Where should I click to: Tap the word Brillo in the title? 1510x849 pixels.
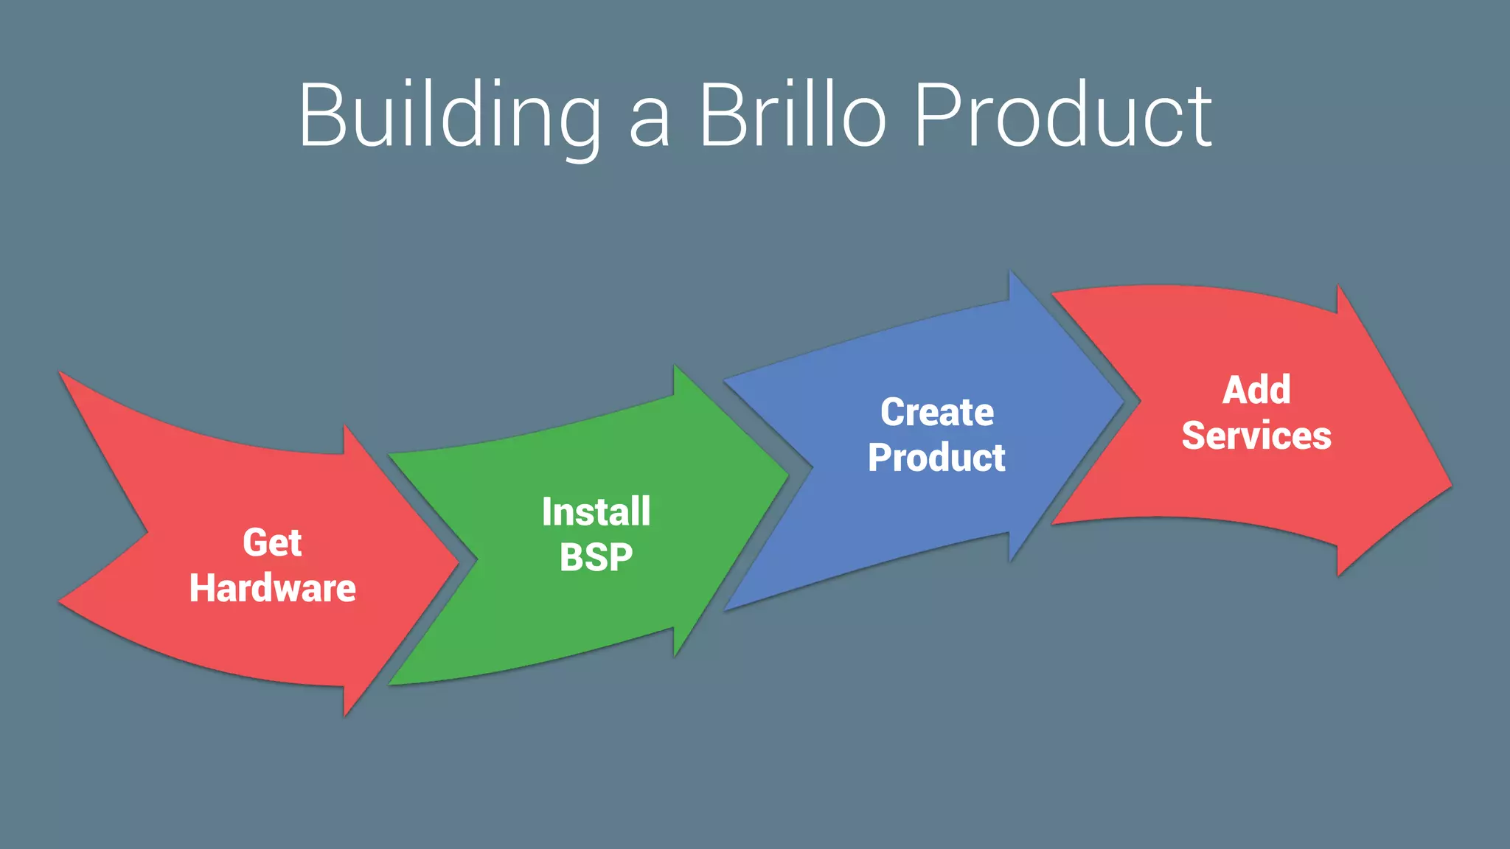(792, 116)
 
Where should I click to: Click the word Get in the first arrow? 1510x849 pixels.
(272, 543)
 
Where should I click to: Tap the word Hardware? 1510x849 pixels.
(272, 588)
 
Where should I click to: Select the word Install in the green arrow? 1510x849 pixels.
(596, 511)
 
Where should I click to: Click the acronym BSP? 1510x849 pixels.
(596, 557)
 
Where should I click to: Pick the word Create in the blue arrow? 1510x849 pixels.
(936, 412)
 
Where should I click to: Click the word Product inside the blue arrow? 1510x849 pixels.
(936, 458)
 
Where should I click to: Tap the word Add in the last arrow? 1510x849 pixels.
(1256, 390)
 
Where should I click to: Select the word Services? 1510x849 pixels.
(1256, 436)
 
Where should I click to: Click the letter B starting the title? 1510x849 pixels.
(321, 116)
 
